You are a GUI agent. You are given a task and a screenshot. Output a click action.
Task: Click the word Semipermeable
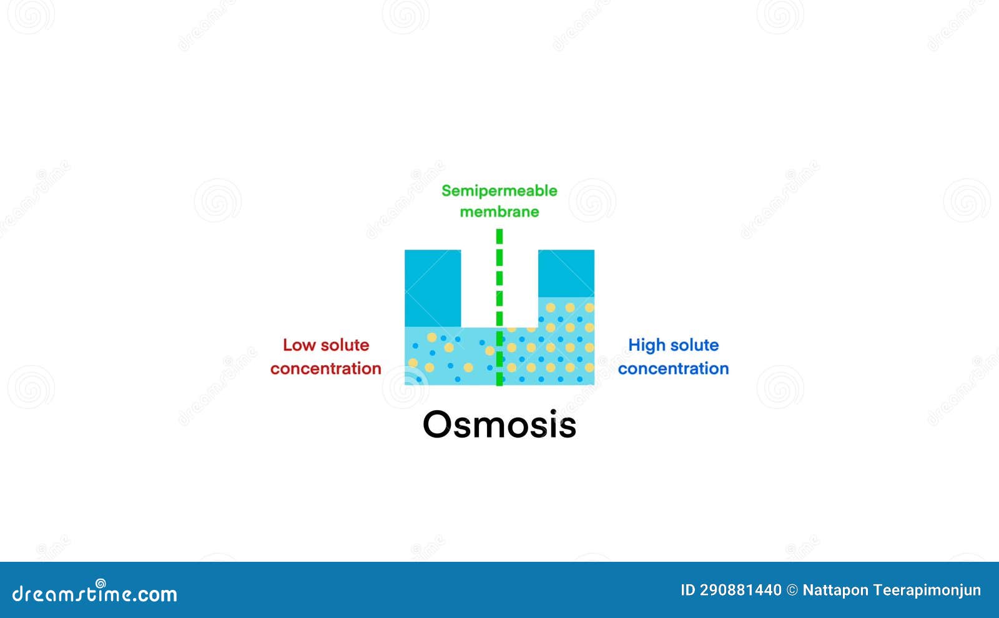tap(499, 190)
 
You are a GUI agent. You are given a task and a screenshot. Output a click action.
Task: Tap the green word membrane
tap(499, 212)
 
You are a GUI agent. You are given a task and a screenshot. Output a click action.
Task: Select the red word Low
tap(297, 345)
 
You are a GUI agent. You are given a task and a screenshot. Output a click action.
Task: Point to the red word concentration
tap(325, 369)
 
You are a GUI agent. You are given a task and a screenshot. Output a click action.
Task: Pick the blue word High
tap(646, 345)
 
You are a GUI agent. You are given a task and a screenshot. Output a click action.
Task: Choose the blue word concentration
tap(673, 369)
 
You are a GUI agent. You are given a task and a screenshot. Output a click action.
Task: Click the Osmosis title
tap(499, 424)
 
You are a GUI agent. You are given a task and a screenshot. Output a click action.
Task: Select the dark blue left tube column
tap(433, 288)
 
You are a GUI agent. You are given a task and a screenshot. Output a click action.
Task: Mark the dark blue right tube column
tap(566, 273)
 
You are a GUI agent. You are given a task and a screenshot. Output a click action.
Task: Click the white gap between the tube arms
tap(481, 287)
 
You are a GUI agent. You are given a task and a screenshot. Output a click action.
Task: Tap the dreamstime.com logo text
tap(94, 593)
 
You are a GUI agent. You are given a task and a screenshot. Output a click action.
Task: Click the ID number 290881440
tap(741, 590)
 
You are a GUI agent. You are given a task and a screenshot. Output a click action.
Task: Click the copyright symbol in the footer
tap(792, 590)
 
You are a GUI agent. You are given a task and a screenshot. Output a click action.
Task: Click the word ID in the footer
tap(687, 590)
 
